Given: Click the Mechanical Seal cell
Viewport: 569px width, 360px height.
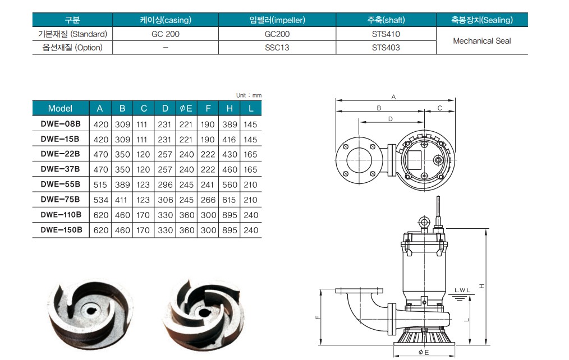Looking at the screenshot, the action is coord(482,41).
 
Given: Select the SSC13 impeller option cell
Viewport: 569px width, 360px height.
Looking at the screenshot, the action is coord(277,48).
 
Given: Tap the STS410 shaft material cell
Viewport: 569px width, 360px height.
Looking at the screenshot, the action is coord(386,34).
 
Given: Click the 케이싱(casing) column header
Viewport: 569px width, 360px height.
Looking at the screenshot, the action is coord(166,20).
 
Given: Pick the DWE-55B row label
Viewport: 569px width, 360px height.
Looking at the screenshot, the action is coord(60,184).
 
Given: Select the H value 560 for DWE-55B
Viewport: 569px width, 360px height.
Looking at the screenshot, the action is coord(230,185).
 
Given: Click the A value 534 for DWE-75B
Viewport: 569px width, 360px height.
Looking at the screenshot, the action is coord(100,200).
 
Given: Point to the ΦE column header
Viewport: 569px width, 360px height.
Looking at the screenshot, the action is coord(186,108).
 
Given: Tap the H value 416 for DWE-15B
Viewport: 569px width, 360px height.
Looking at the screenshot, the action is coord(230,140).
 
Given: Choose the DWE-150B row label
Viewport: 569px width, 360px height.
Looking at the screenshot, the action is coord(61,230).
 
